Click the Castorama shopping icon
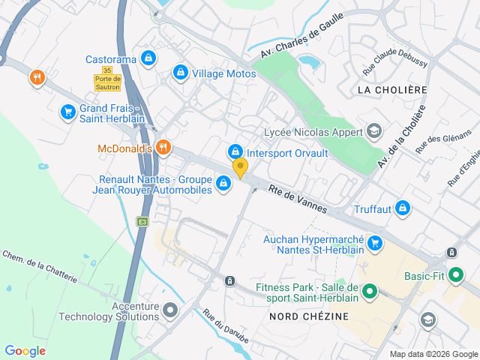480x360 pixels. pyautogui.click(x=148, y=57)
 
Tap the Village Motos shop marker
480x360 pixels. pyautogui.click(x=180, y=73)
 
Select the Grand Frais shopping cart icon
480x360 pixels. pyautogui.click(x=67, y=112)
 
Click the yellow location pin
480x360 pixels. pyautogui.click(x=240, y=168)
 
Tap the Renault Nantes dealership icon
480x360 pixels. pyautogui.click(x=223, y=183)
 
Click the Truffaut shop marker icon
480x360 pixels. pyautogui.click(x=403, y=207)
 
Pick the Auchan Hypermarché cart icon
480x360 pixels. pyautogui.click(x=375, y=243)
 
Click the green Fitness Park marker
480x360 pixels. pyautogui.click(x=369, y=291)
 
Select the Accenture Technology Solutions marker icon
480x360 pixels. pyautogui.click(x=171, y=310)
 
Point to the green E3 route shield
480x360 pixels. pyautogui.click(x=142, y=221)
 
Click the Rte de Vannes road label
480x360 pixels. pyautogui.click(x=298, y=198)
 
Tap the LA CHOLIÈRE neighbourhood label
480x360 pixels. pyautogui.click(x=392, y=90)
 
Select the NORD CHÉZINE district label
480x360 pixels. pyautogui.click(x=309, y=316)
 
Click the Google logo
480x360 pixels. pyautogui.click(x=25, y=351)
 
